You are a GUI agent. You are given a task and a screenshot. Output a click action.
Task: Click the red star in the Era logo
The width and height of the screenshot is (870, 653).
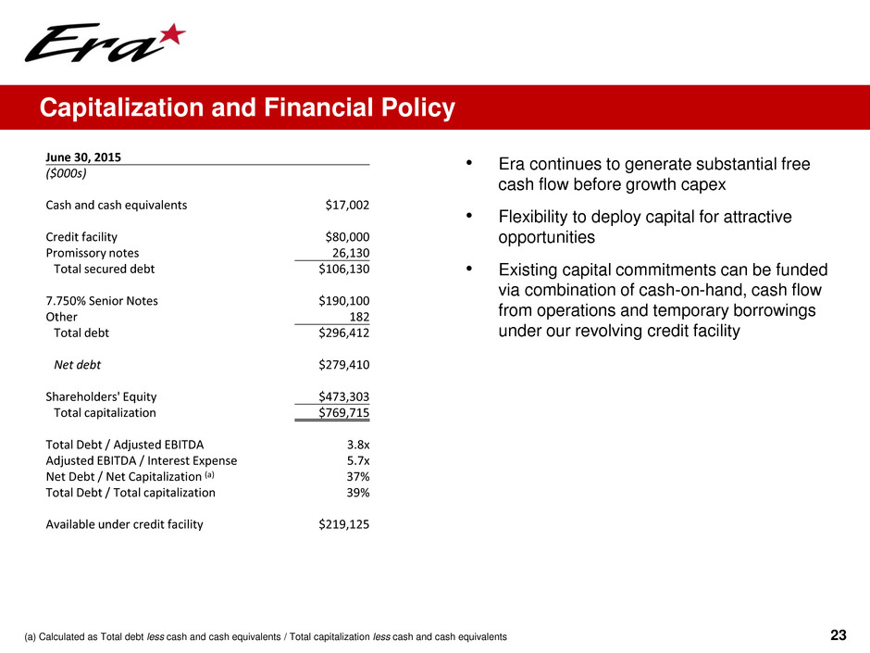171,38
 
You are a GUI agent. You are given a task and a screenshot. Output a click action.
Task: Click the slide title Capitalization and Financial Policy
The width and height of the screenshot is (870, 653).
246,109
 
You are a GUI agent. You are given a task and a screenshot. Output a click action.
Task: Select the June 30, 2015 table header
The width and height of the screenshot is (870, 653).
83,157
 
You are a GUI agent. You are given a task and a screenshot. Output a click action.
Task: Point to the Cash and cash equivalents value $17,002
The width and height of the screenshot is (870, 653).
343,205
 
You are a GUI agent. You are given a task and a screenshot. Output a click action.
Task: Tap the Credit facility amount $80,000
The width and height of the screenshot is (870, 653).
343,236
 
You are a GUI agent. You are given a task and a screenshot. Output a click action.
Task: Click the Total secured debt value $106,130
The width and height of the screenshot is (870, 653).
340,269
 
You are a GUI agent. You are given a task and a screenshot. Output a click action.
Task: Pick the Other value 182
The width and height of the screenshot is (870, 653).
358,317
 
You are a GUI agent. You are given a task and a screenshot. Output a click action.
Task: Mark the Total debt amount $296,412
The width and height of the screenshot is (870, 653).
340,333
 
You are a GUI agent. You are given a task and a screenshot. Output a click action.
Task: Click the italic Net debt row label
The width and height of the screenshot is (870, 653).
78,364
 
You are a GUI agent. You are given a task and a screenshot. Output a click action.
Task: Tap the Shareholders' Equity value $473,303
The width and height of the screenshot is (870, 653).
340,396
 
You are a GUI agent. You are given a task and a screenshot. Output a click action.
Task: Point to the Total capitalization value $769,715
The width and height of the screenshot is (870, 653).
340,412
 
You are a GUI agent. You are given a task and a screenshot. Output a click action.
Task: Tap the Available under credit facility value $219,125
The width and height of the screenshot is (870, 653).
340,524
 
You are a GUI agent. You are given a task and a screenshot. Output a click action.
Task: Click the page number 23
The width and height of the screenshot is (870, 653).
839,635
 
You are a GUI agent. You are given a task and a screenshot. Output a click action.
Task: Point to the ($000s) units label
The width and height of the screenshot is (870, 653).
67,173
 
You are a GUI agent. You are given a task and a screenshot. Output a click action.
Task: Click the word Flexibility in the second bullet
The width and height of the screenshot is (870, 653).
534,218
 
